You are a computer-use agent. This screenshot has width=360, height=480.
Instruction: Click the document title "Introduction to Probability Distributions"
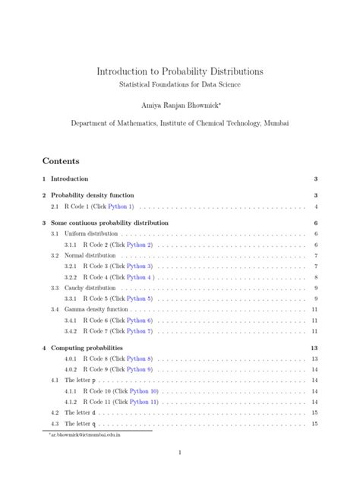180,71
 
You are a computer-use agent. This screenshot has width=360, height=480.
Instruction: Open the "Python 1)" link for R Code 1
120,207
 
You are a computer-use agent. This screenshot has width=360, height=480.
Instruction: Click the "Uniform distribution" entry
87,233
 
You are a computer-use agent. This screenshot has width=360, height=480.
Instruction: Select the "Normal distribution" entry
85,255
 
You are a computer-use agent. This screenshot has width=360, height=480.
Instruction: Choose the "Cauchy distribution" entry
85,288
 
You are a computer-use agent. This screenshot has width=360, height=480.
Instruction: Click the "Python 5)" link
139,298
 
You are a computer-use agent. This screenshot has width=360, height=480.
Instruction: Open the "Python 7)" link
139,331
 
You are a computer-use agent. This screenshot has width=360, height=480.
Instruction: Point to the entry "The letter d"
80,412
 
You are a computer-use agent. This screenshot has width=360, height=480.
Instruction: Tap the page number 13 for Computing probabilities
314,347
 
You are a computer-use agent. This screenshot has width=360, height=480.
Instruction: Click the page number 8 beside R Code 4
315,277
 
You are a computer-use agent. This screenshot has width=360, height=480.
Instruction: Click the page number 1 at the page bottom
180,453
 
